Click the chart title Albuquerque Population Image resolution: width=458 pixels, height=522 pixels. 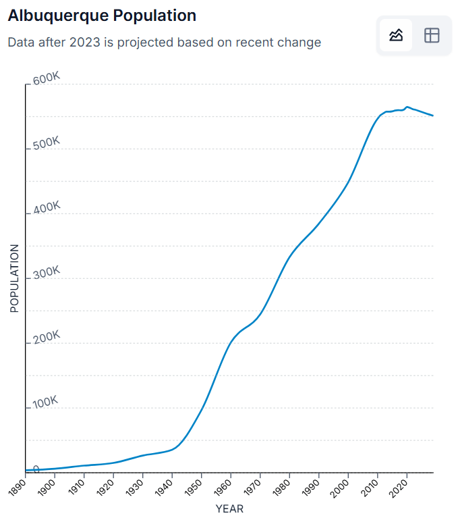point(102,16)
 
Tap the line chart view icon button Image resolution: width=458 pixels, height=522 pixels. point(396,35)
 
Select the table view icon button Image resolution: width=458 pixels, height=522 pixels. point(432,35)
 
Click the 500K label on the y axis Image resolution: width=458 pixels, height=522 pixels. point(47,143)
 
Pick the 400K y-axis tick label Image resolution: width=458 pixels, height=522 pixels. point(47,208)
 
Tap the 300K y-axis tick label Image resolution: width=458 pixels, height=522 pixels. point(47,273)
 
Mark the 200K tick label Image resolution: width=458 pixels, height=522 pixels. point(47,338)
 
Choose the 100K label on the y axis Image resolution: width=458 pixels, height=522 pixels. point(47,402)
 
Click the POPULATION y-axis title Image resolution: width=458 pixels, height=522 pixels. point(14,278)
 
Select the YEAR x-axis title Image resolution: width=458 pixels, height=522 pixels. point(229,508)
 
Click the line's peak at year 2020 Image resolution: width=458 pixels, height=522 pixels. point(407,107)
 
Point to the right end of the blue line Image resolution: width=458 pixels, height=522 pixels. point(432,115)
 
